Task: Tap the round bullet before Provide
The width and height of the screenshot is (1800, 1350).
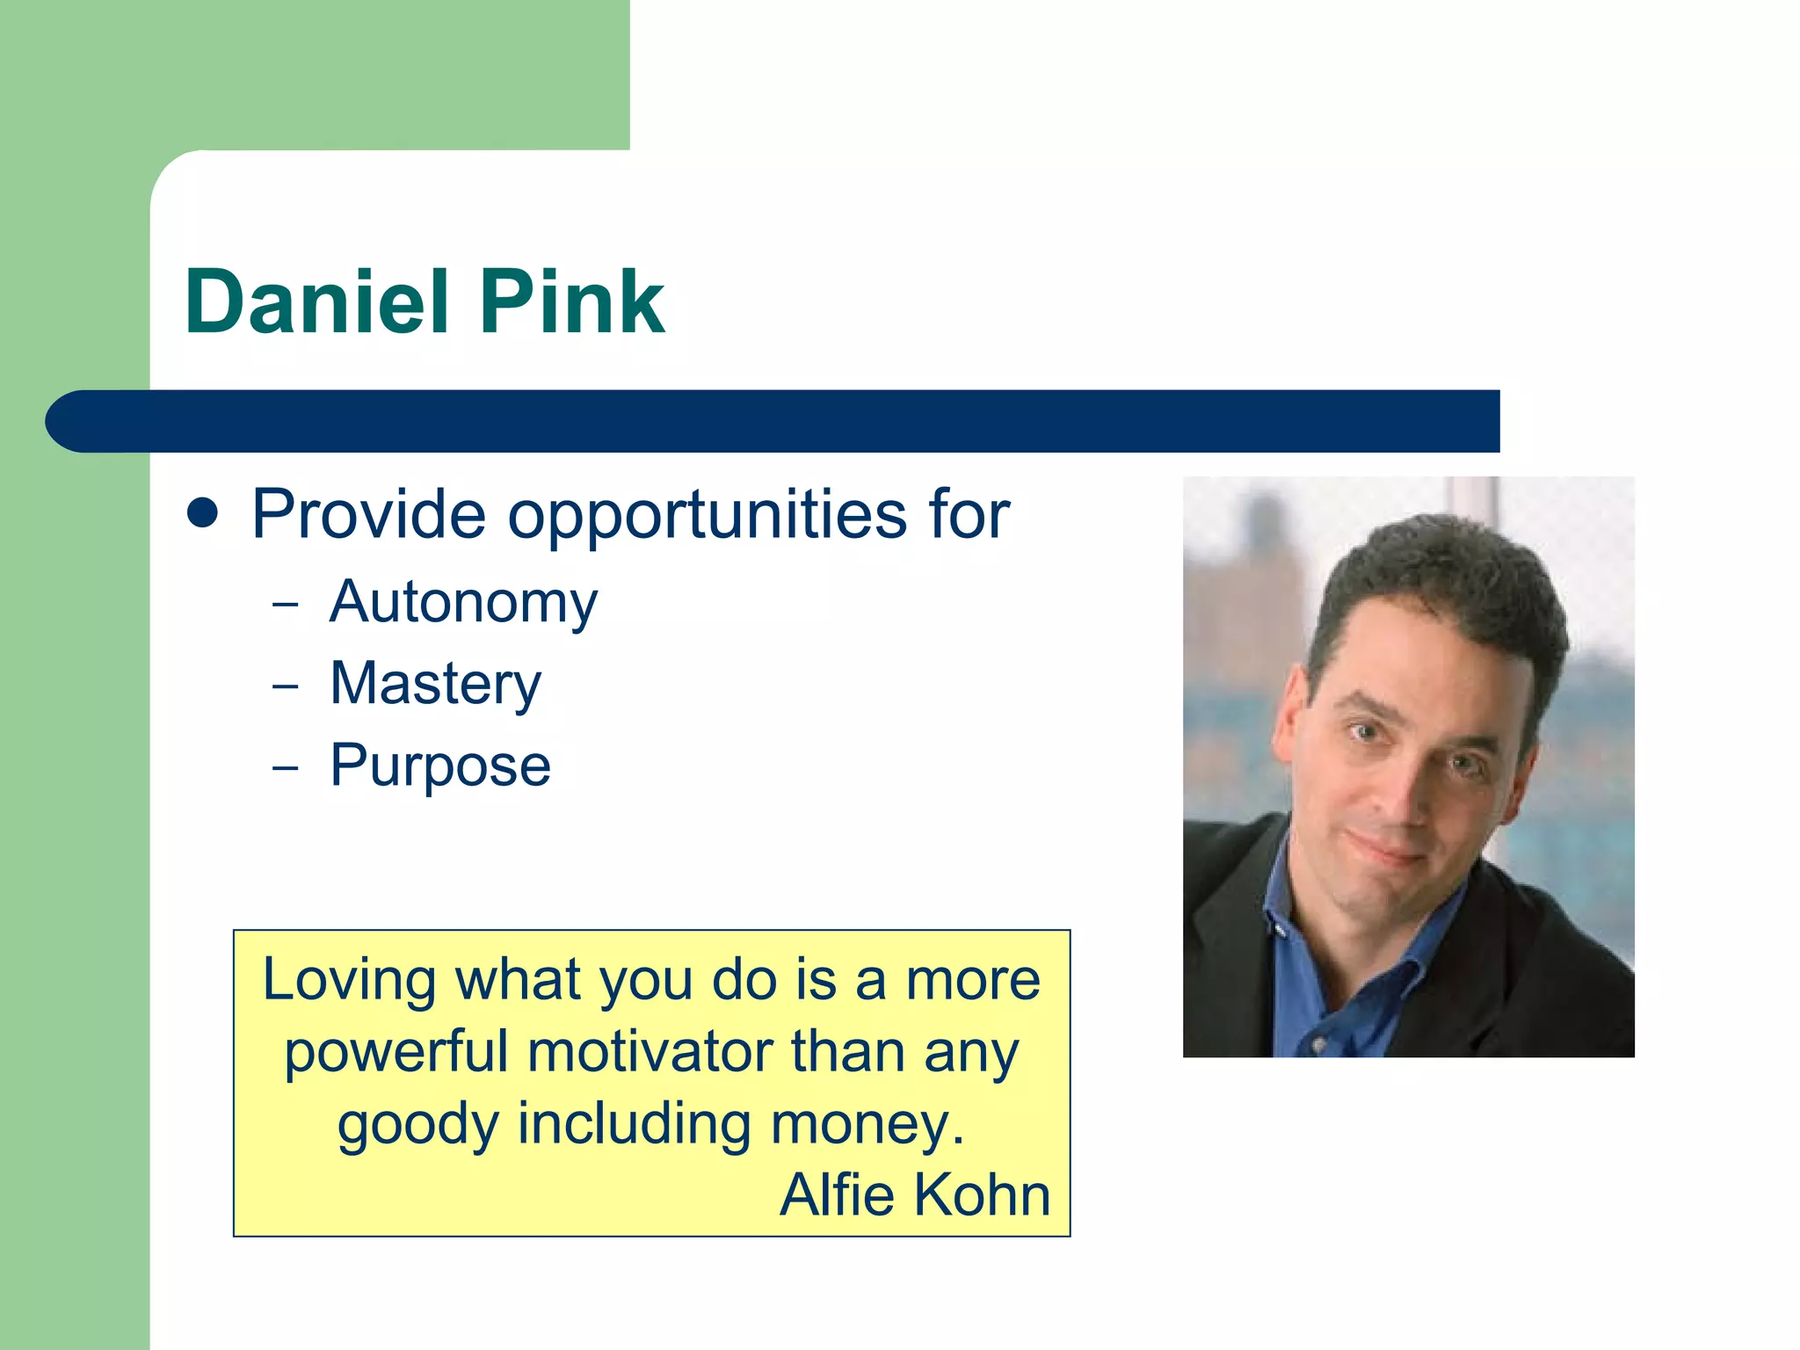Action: (203, 513)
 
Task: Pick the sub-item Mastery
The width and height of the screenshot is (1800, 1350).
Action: (435, 685)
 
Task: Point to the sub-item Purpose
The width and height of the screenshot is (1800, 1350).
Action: (440, 766)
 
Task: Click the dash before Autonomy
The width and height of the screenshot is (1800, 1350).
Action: (285, 605)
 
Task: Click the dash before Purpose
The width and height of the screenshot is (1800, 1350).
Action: (285, 767)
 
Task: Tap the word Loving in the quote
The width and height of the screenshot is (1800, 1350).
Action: (349, 981)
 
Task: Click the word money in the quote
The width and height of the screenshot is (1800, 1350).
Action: (865, 1124)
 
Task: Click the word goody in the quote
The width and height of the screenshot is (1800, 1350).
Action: (417, 1126)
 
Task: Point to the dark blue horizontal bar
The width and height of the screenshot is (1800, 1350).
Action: (773, 421)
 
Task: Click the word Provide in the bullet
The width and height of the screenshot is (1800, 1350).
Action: (368, 515)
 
